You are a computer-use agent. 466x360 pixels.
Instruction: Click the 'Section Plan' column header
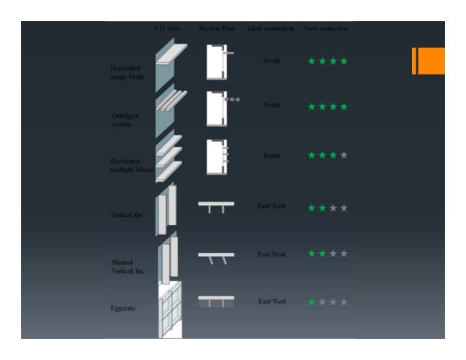216,28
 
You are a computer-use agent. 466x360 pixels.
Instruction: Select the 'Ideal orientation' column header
271,28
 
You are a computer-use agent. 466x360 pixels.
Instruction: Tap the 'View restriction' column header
326,28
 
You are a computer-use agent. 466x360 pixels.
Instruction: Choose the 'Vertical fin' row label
126,214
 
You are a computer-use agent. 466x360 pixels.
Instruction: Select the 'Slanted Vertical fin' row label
127,266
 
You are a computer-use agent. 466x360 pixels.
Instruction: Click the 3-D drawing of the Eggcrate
169,310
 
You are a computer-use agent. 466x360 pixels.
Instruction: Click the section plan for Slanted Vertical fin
216,257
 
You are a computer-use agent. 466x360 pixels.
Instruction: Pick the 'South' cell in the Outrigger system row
272,105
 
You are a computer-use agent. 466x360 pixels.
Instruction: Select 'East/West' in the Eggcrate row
272,301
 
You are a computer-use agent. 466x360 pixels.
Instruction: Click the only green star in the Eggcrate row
312,302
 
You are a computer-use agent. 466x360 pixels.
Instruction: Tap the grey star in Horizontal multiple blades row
344,156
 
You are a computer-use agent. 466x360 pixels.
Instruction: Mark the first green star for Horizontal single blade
312,61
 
